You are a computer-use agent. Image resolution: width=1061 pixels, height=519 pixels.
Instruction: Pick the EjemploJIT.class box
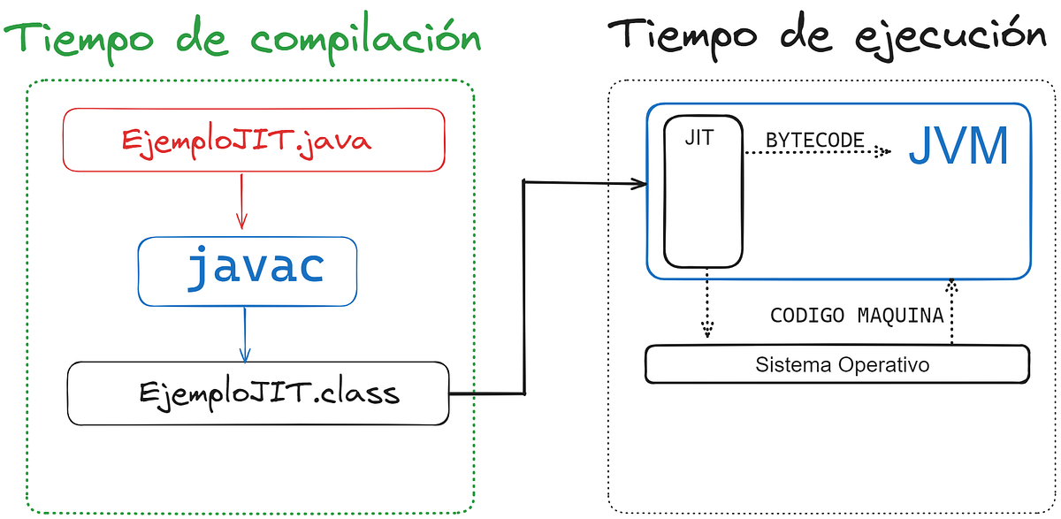point(257,393)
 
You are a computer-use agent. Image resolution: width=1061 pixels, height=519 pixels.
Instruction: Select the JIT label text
point(699,138)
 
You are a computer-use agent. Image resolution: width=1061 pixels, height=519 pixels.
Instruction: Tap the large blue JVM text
point(958,148)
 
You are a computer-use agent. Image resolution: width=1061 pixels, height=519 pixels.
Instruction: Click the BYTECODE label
point(813,140)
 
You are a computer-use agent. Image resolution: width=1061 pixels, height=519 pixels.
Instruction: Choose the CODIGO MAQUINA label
point(857,316)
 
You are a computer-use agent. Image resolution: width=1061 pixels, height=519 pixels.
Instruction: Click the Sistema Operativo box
point(837,364)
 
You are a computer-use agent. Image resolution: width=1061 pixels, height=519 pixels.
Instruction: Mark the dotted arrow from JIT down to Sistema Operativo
point(706,305)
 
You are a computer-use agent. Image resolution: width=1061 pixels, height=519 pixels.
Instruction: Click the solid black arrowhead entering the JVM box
point(638,184)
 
